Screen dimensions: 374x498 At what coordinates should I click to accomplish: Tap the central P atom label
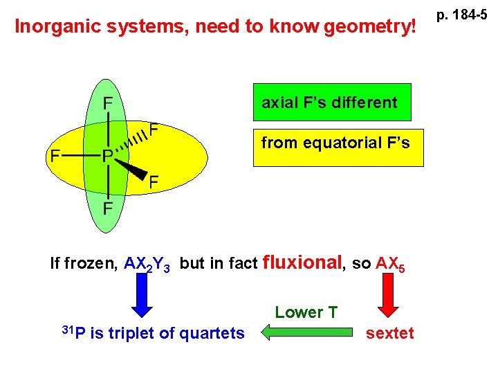108,156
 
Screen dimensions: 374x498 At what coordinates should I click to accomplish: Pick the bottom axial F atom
109,208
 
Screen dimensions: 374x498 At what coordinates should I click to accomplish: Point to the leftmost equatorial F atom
55,156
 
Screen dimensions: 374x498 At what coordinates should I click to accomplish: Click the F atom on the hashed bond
156,130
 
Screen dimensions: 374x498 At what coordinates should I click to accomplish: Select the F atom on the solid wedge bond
155,182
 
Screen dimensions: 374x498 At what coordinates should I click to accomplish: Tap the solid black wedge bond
131,168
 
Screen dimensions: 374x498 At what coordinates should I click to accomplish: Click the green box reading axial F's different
332,103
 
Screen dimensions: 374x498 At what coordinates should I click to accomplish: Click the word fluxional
304,262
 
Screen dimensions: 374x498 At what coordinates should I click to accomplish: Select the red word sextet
390,333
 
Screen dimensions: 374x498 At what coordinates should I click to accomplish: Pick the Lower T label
306,312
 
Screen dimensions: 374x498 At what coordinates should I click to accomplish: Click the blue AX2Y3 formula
149,264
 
